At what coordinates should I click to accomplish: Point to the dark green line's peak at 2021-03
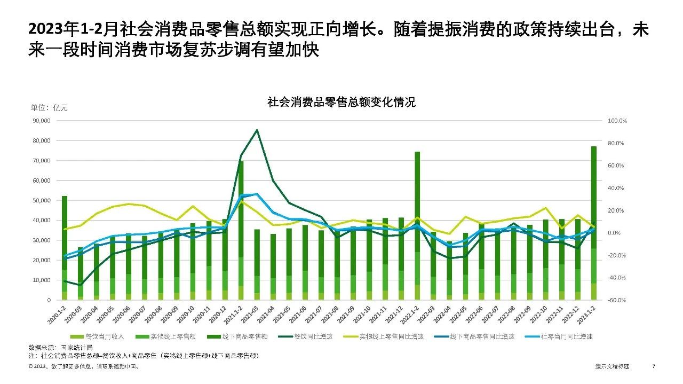click(x=257, y=130)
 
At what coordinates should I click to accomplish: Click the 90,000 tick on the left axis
click(x=41, y=121)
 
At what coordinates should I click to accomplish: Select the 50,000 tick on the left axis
click(x=41, y=200)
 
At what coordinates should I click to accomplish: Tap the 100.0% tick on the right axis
click(x=617, y=121)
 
